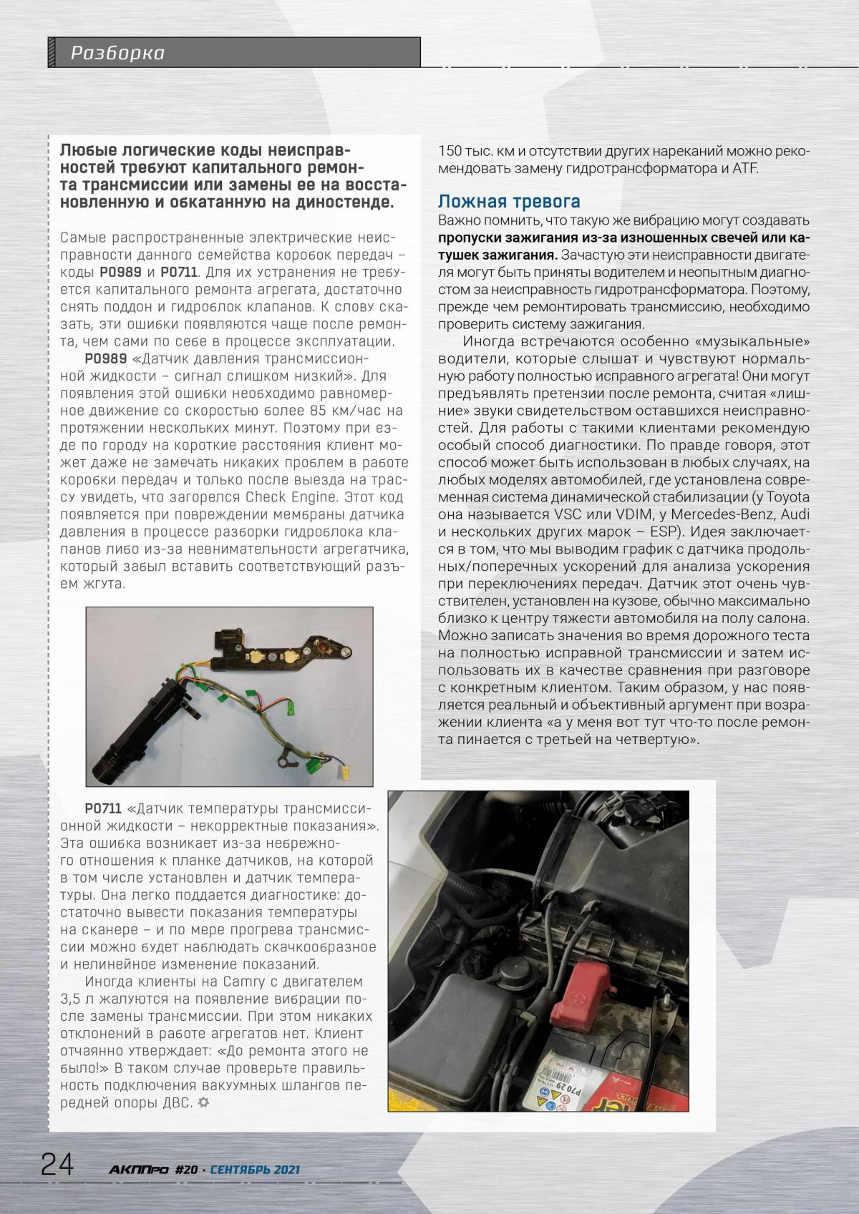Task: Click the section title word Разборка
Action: point(117,53)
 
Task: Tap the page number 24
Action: point(57,1165)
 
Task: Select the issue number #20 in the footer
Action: point(186,1170)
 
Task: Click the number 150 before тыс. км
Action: point(451,152)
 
